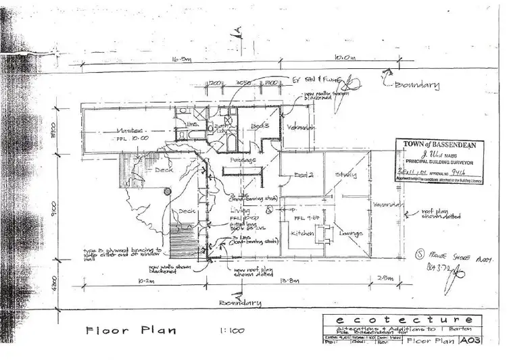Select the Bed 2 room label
point(304,176)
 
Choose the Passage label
point(243,160)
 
